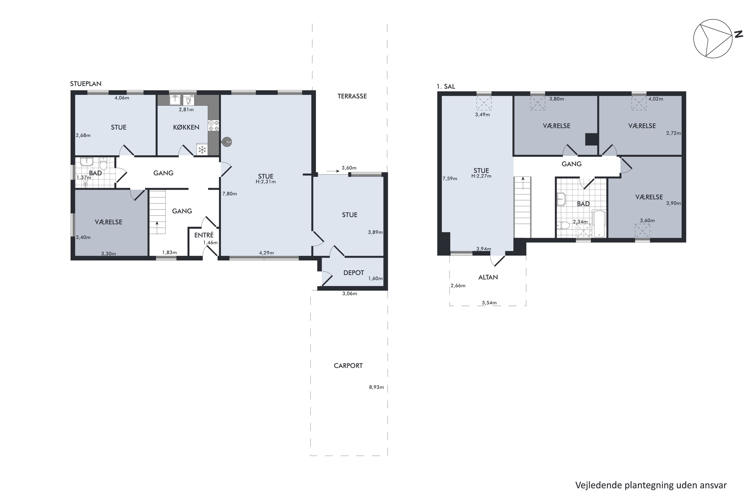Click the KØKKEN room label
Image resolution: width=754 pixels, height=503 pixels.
186,127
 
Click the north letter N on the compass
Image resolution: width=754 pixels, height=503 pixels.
739,34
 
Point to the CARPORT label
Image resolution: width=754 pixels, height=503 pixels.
348,366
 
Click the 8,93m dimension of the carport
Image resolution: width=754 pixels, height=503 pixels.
376,387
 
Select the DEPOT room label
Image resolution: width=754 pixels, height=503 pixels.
353,273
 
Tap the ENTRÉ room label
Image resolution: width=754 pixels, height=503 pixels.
204,235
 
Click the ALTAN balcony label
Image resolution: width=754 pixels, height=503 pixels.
488,277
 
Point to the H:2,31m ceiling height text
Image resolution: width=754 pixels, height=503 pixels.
265,182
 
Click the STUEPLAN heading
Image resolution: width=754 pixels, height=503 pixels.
86,84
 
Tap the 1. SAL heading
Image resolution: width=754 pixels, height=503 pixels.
446,87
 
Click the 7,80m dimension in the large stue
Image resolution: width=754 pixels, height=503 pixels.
229,194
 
